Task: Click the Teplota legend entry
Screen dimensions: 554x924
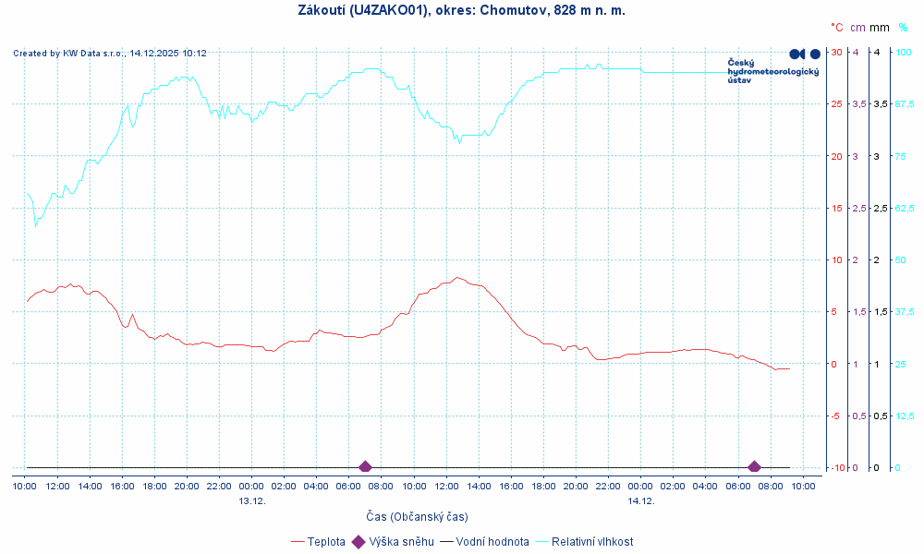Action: tap(326, 542)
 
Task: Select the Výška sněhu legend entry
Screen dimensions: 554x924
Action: tap(401, 542)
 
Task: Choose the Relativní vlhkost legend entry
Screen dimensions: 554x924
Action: tap(592, 542)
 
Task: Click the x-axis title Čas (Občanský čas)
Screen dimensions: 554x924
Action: tap(417, 516)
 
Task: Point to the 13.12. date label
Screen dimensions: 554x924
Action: tap(251, 500)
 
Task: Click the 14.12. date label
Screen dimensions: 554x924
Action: tap(640, 500)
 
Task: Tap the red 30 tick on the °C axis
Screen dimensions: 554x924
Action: tap(836, 52)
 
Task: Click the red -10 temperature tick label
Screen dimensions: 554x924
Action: tap(835, 467)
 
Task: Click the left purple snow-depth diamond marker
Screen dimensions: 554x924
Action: tap(365, 467)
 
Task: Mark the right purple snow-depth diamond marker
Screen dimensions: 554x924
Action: tap(754, 467)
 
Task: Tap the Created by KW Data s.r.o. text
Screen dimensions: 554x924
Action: tap(109, 54)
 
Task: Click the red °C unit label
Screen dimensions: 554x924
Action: tap(836, 28)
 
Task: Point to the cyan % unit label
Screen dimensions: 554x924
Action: tap(903, 28)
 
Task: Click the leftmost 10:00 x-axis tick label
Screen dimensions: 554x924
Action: tap(25, 486)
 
